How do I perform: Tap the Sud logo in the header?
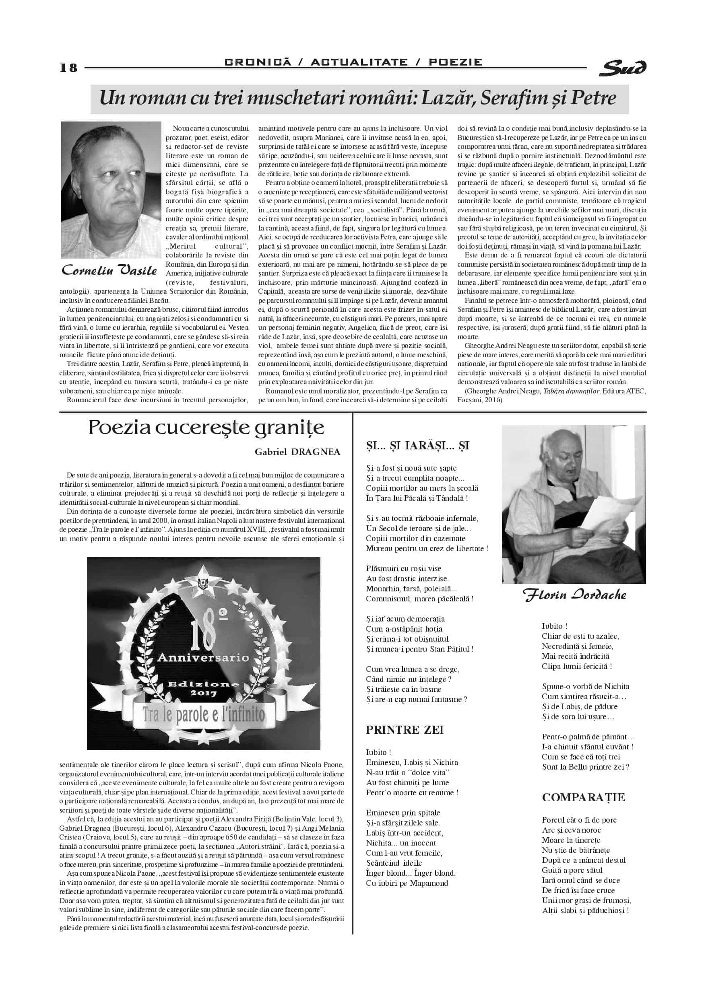(x=623, y=67)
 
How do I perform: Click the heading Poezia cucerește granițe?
(x=206, y=428)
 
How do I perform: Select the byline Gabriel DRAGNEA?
(x=297, y=452)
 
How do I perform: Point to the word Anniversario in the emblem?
(x=203, y=658)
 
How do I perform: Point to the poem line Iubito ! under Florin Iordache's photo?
(x=554, y=626)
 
